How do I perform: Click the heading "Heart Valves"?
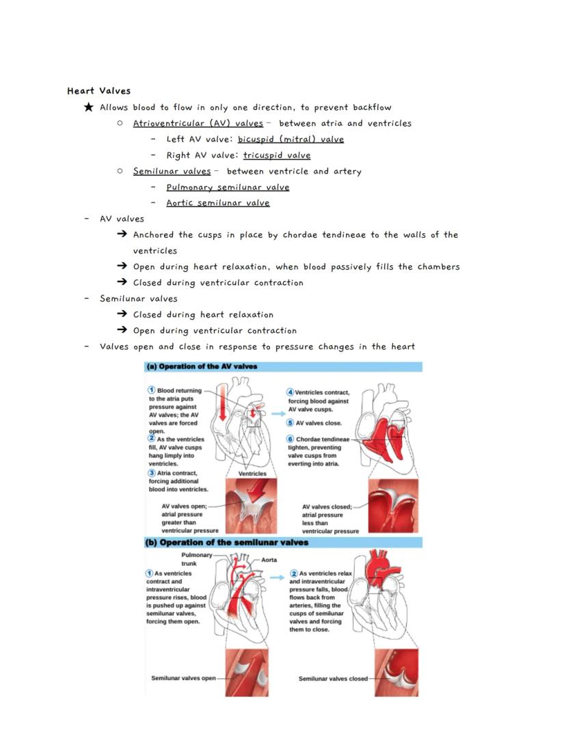[x=98, y=91]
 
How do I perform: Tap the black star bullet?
[x=88, y=107]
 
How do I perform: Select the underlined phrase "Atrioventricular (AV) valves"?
[x=198, y=124]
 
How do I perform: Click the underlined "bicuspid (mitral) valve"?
[x=291, y=139]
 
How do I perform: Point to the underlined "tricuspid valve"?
[x=276, y=155]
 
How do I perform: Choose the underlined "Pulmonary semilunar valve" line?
[x=228, y=187]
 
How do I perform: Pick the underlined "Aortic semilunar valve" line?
[x=217, y=203]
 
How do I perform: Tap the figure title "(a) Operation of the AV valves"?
[x=202, y=366]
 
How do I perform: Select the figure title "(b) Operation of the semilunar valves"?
[x=227, y=543]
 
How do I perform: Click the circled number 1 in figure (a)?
[x=152, y=391]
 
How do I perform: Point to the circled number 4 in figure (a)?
[x=291, y=392]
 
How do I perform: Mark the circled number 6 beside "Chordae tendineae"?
[x=291, y=439]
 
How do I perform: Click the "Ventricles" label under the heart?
[x=252, y=473]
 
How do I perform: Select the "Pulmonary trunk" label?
[x=197, y=559]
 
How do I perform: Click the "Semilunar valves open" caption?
[x=183, y=678]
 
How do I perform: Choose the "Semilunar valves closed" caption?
[x=333, y=679]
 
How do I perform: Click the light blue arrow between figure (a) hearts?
[x=277, y=414]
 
